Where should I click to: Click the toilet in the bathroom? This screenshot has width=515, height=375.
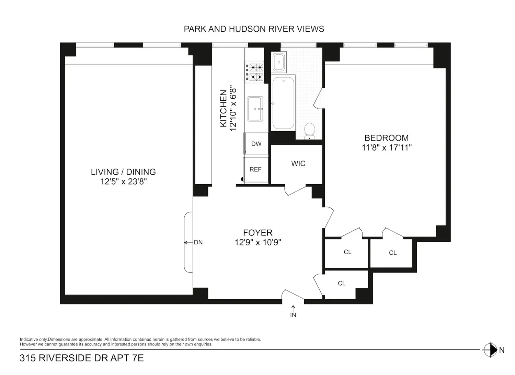(309, 131)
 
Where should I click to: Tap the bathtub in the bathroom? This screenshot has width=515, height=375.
(283, 103)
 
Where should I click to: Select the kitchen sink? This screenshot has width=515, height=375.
(255, 109)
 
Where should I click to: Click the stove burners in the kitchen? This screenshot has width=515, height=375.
(254, 72)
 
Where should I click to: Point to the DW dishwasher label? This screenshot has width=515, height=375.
(256, 144)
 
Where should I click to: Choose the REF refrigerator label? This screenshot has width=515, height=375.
(255, 169)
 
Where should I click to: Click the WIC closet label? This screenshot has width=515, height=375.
(298, 164)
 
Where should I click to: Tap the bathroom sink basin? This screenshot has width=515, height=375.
(279, 62)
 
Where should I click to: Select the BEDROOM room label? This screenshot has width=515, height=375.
(387, 138)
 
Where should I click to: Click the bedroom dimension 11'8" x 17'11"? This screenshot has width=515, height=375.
(387, 147)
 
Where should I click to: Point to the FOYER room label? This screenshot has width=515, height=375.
(258, 233)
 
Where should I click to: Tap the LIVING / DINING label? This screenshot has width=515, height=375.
(124, 172)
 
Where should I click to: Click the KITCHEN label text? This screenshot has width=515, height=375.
(224, 108)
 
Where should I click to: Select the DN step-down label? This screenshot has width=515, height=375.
(198, 242)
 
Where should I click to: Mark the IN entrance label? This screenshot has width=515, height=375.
(293, 315)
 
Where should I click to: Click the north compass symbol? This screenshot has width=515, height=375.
(490, 350)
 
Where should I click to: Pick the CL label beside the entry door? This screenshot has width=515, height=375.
(342, 283)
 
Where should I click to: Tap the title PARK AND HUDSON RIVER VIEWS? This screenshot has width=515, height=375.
(254, 29)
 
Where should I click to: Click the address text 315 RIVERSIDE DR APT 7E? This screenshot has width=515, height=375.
(82, 358)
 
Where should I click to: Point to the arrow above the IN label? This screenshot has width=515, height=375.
(293, 308)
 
